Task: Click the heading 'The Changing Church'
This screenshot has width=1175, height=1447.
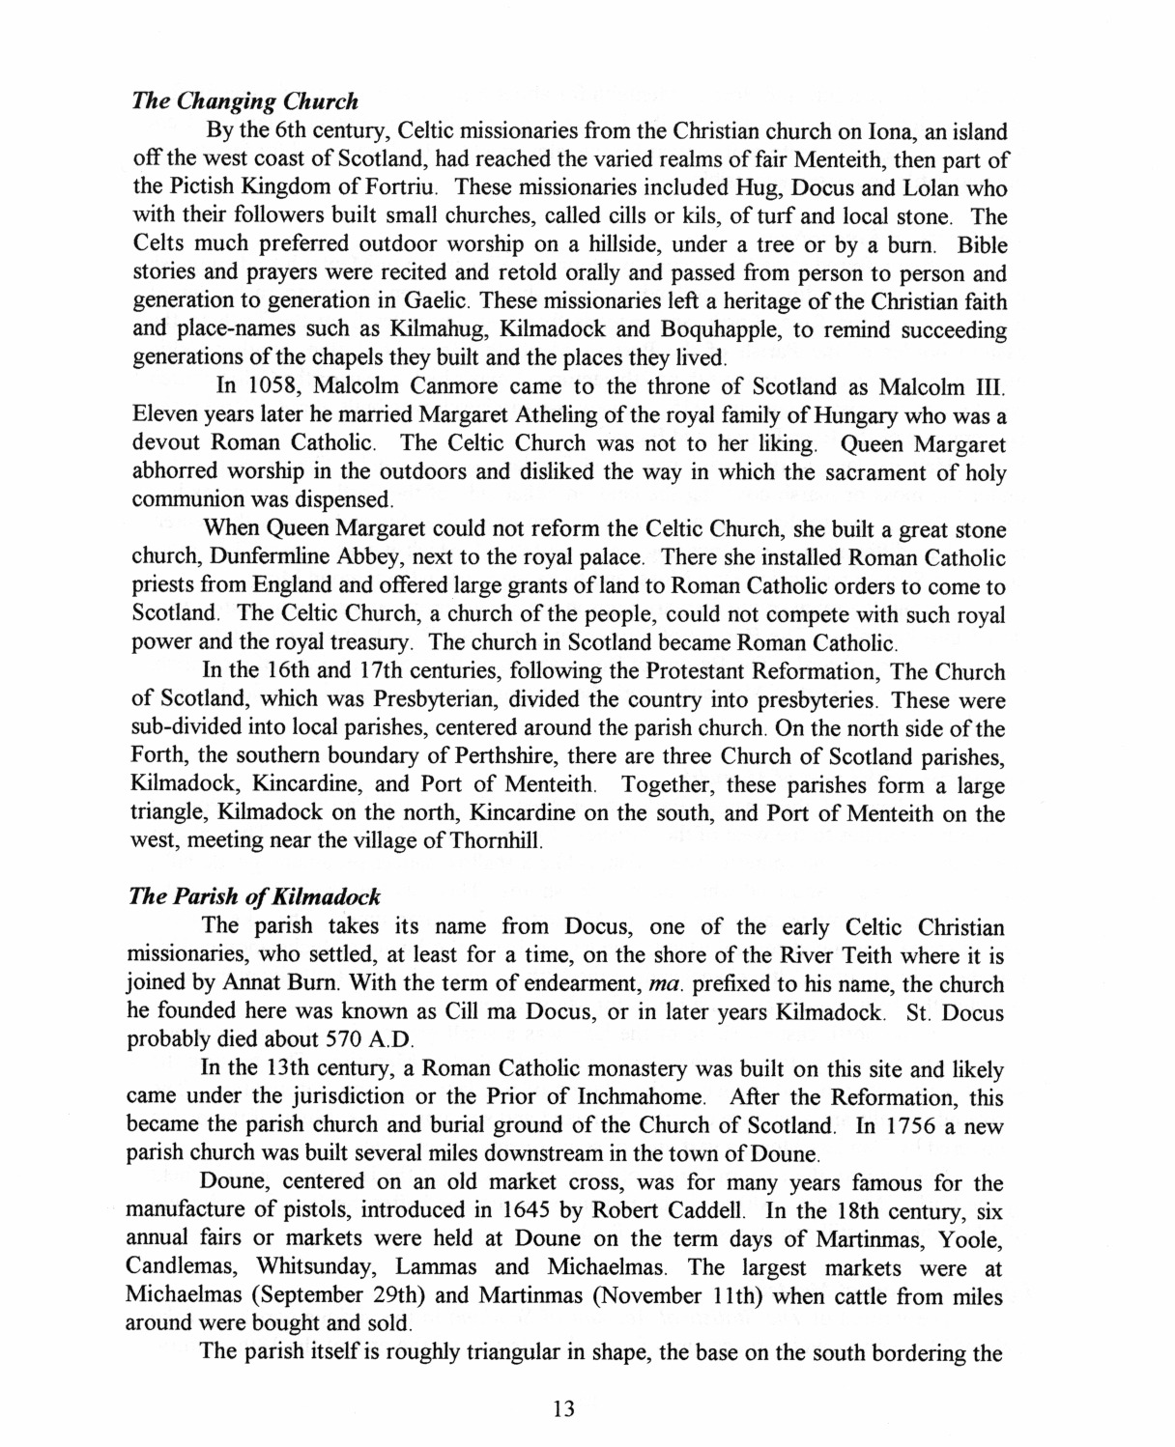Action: coord(244,101)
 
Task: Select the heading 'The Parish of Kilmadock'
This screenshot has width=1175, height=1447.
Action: coord(254,897)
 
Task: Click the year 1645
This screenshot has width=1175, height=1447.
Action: coord(533,1211)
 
